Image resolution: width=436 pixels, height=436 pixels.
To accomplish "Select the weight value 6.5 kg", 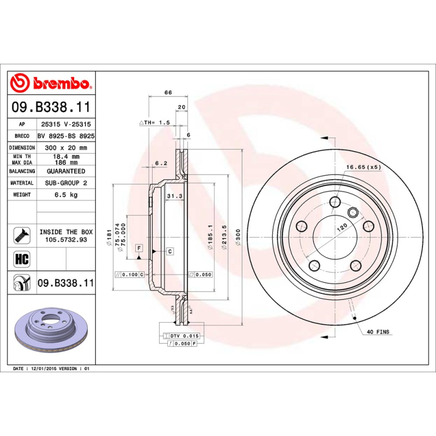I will (66, 195).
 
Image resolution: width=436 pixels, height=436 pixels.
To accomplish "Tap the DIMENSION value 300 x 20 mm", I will (66, 148).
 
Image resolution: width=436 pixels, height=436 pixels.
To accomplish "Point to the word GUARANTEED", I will (66, 171).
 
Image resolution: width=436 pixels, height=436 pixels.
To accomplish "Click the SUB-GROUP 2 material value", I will (66, 183).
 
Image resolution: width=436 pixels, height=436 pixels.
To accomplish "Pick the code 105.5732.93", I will (66, 239).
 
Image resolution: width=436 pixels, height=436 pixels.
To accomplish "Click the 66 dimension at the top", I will (168, 92).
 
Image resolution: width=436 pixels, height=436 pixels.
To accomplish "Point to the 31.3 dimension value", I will (174, 196).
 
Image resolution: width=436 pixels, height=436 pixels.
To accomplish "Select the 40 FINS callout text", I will (378, 331).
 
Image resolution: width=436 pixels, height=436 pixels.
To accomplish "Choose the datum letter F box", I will (139, 248).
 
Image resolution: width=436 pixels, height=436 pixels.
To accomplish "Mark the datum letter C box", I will (169, 251).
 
